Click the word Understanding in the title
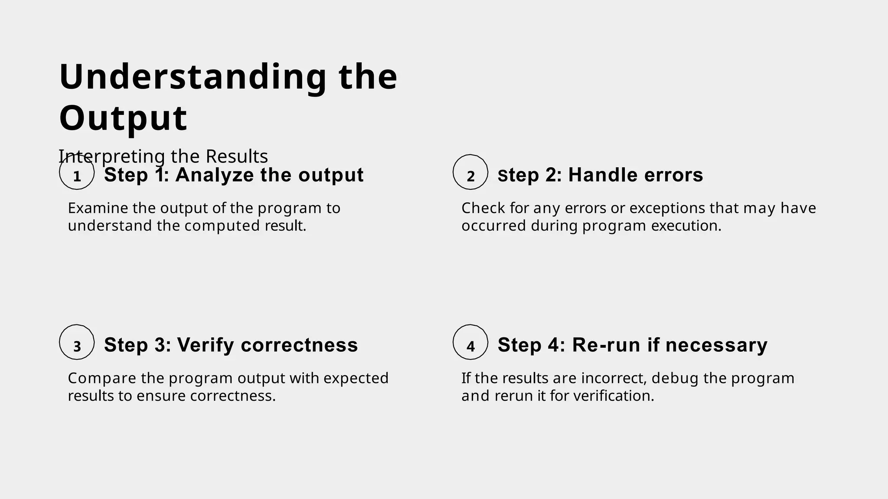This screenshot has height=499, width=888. tap(193, 77)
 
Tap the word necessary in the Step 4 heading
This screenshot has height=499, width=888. tap(716, 345)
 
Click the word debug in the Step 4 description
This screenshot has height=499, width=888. tap(675, 379)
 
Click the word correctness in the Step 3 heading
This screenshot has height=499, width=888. tap(299, 345)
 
